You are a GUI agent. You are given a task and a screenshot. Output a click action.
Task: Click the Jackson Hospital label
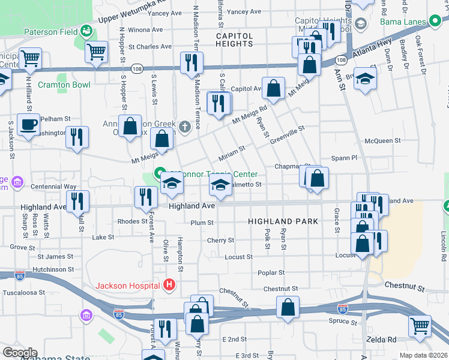coord(128,284)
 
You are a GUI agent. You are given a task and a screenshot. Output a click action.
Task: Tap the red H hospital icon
coord(170,284)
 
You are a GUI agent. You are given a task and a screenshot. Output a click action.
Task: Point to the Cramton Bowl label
coord(64,85)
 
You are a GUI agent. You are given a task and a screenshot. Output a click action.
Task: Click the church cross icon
coord(185,126)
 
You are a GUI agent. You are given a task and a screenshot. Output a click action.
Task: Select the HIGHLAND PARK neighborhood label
coord(283,222)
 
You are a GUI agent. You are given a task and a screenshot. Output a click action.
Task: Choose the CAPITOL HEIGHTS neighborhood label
coord(235,41)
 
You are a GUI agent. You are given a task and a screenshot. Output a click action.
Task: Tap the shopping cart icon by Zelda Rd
coord(420,326)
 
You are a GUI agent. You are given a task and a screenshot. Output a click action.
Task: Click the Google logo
coord(20,353)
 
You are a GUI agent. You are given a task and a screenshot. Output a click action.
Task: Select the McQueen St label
coord(382,141)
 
